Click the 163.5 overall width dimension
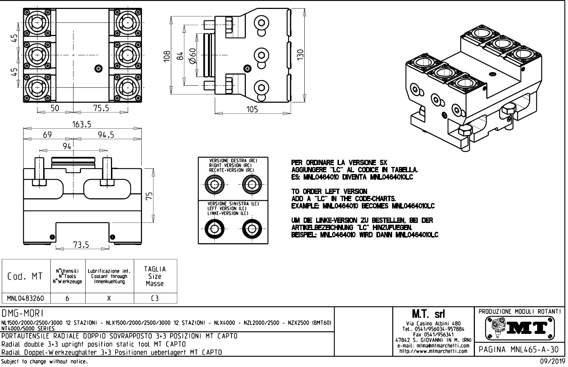[82, 124]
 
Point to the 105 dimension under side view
[252, 109]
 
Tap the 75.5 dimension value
[101, 108]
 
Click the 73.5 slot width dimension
[81, 244]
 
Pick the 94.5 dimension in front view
[106, 134]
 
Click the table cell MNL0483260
[26, 299]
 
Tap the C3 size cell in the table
[155, 299]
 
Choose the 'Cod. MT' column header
[25, 276]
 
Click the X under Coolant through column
[110, 299]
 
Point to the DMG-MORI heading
[23, 313]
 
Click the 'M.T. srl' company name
[428, 314]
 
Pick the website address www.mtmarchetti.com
[433, 351]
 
